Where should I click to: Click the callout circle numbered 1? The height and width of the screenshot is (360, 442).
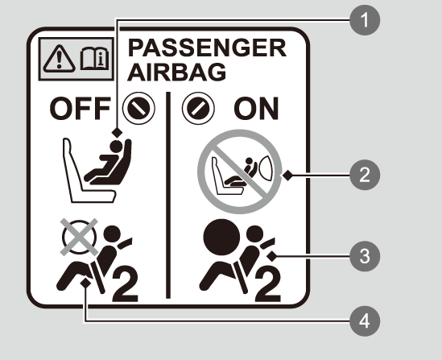[x=365, y=20]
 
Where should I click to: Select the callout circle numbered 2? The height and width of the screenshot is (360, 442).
[x=365, y=175]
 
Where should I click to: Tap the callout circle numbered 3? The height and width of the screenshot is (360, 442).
[x=365, y=256]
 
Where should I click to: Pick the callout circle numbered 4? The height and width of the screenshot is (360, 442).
[x=365, y=321]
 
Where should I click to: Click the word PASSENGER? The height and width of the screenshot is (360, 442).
[x=207, y=48]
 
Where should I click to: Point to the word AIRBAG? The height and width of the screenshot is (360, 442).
[x=177, y=72]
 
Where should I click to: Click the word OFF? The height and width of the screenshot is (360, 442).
[x=80, y=109]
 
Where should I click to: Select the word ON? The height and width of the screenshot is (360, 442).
[x=256, y=109]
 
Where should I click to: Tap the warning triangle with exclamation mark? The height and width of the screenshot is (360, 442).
[x=60, y=59]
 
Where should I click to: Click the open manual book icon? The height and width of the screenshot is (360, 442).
[x=94, y=59]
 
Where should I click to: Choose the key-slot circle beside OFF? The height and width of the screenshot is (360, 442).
[x=138, y=108]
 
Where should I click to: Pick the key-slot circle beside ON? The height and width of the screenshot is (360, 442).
[x=198, y=108]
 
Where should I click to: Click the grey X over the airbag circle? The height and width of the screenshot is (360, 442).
[x=79, y=237]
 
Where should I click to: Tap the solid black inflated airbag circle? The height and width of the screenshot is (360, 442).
[x=221, y=237]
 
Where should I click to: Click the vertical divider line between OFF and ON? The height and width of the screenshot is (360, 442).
[x=168, y=195]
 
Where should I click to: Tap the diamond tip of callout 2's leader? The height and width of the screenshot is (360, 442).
[x=287, y=176]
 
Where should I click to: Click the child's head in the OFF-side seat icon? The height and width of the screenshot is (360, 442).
[x=116, y=147]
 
